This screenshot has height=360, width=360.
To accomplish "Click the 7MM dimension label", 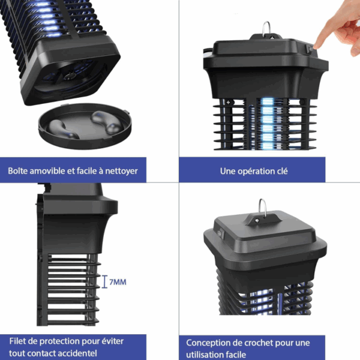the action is coord(118,282).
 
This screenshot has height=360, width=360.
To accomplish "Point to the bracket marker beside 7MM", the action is coord(104,282).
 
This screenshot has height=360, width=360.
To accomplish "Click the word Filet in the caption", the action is coord(17,341).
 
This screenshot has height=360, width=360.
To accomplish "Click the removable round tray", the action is coord(85,126).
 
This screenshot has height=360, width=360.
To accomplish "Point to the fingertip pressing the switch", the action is coord(316,46).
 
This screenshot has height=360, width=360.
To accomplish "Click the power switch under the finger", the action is coord(309,49).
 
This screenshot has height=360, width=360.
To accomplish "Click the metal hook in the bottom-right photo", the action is coord(262,208).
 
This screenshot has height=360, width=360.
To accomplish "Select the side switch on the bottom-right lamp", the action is coord(220,233).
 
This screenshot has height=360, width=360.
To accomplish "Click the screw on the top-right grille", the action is coord(228,103).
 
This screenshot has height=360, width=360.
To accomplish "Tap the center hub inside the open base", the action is coord(68,76).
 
